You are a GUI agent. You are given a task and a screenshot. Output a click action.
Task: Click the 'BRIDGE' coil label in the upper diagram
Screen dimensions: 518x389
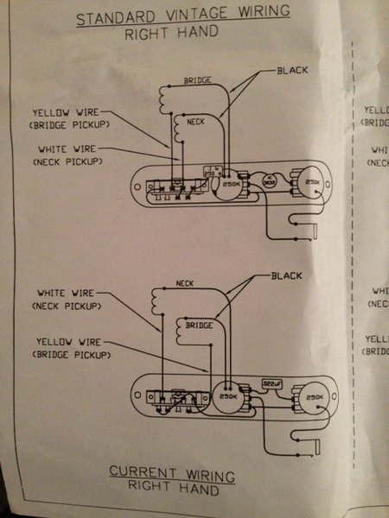(198, 80)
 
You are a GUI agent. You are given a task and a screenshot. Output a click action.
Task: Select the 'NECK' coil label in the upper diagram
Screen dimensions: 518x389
(196, 123)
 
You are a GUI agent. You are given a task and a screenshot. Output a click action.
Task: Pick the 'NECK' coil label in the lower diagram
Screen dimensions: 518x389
(184, 283)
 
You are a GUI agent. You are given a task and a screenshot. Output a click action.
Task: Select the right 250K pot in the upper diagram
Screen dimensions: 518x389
(313, 183)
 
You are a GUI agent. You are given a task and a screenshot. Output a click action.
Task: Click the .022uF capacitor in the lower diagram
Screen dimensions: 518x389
(271, 381)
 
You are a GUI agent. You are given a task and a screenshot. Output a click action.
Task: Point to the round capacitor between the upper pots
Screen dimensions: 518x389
(270, 182)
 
